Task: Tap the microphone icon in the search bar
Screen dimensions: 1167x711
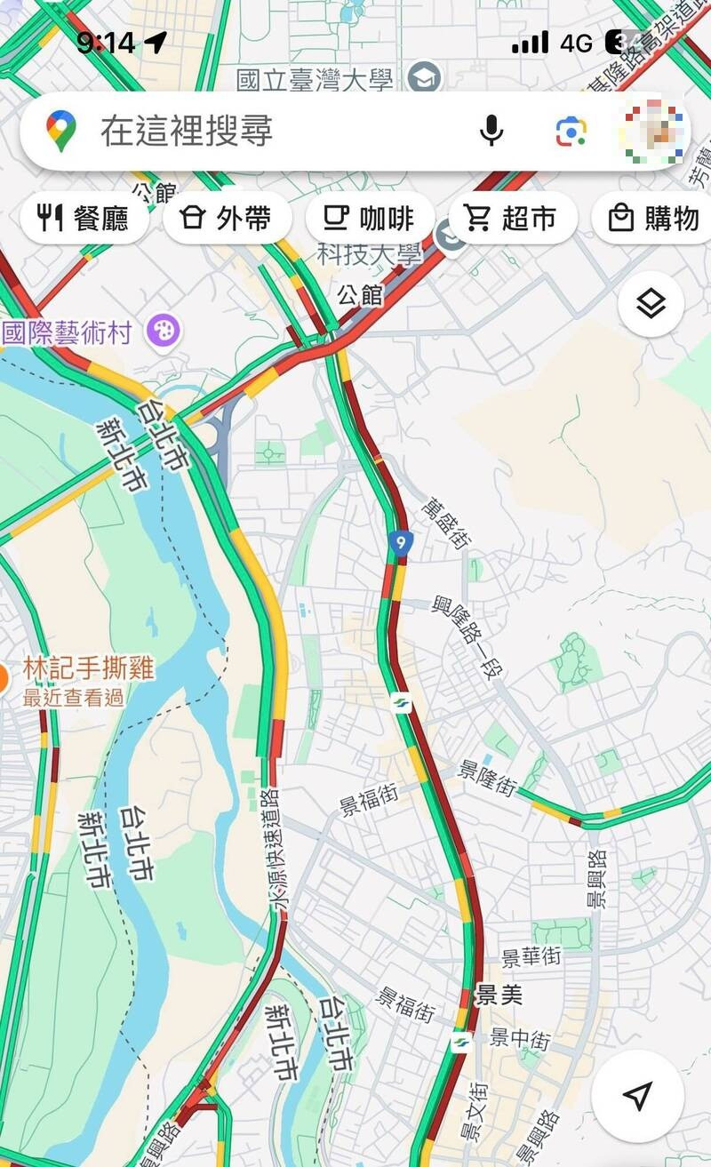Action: [x=491, y=131]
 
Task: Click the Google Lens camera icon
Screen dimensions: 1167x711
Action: [x=571, y=132]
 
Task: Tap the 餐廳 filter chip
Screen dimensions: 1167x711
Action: [x=84, y=218]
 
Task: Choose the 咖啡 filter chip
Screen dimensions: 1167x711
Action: [x=369, y=218]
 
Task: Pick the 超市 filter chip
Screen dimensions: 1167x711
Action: [x=512, y=218]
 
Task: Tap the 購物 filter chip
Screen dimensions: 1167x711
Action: [x=654, y=218]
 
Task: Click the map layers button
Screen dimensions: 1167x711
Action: [x=651, y=304]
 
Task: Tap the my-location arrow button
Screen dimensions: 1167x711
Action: [x=637, y=1095]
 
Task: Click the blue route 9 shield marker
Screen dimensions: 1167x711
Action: [x=402, y=542]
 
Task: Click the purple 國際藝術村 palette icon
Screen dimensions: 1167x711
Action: [x=164, y=332]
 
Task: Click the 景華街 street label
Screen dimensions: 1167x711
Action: [x=531, y=957]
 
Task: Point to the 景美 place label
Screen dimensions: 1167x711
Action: [x=499, y=995]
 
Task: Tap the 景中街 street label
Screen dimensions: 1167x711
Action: [x=520, y=1038]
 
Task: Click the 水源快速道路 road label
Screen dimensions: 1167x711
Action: [x=276, y=849]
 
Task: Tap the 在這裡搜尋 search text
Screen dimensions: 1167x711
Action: [x=187, y=132]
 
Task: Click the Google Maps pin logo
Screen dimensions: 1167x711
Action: [x=60, y=131]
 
